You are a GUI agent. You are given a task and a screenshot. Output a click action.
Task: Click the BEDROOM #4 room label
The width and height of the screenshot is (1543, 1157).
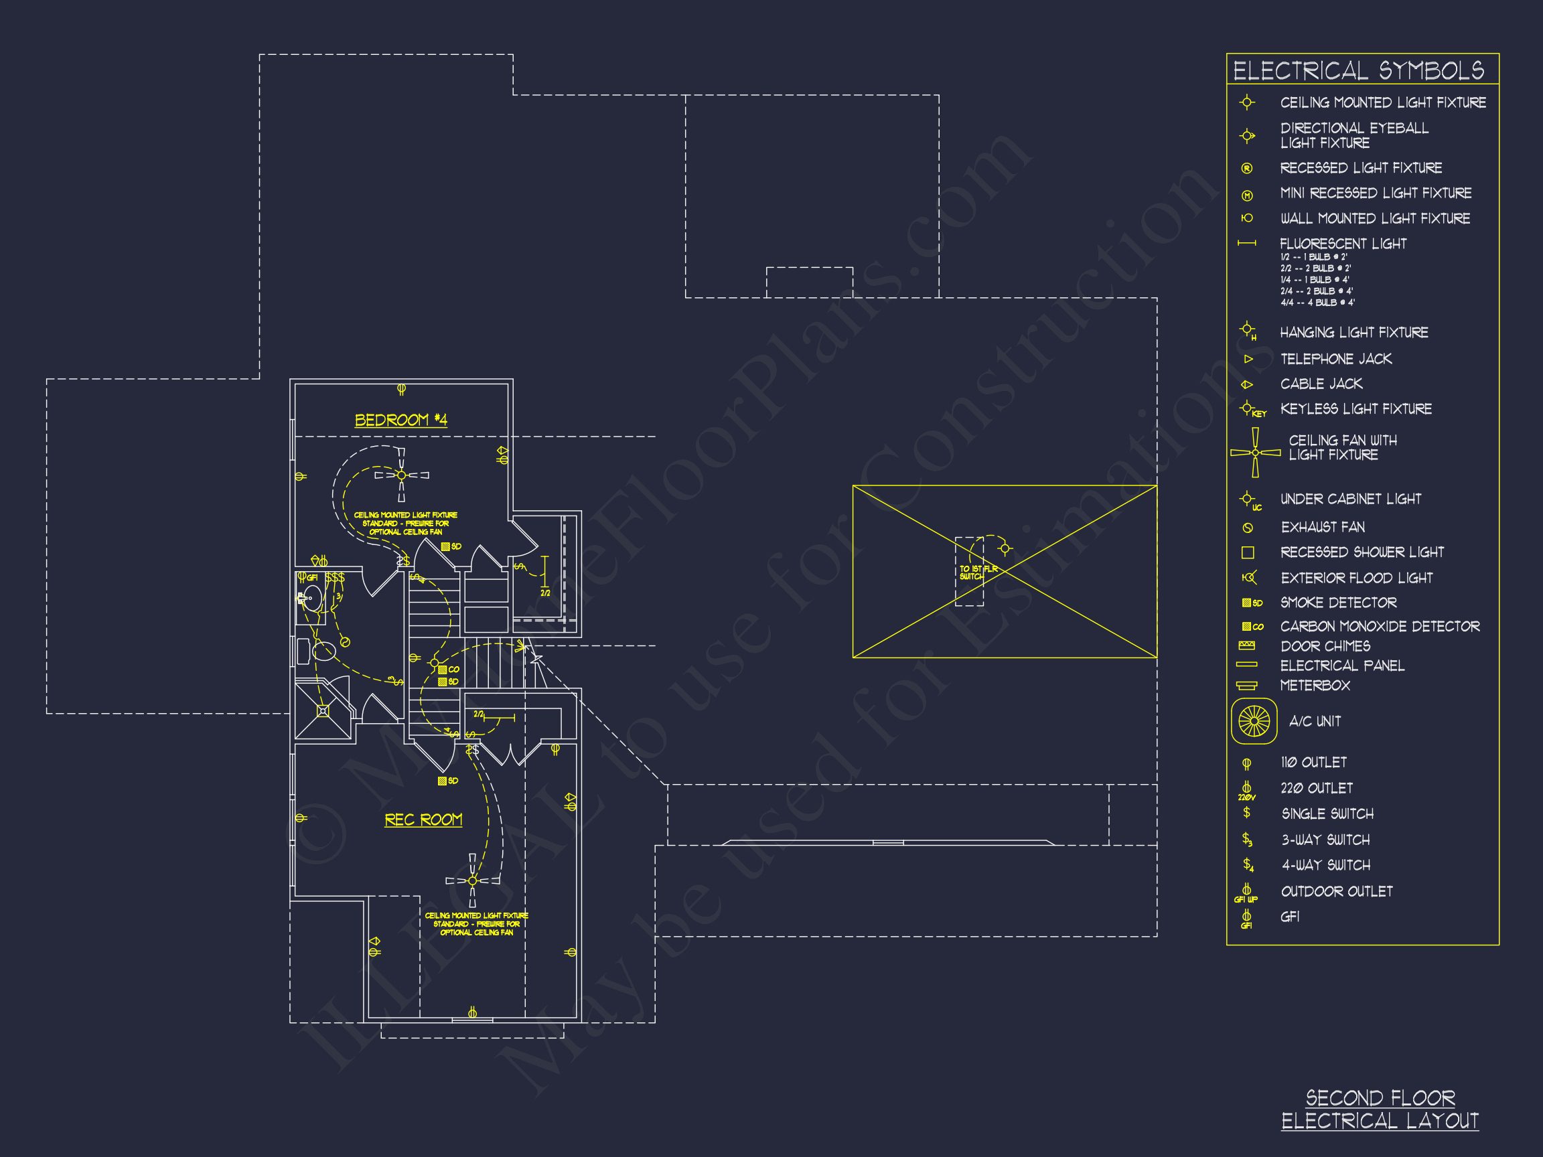point(401,420)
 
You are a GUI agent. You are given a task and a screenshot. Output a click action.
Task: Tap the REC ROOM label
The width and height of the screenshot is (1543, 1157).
point(423,820)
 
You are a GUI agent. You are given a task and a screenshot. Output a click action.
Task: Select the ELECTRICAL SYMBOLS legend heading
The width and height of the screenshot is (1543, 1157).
point(1358,70)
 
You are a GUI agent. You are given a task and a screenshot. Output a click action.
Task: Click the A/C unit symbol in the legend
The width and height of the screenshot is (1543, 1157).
point(1254,721)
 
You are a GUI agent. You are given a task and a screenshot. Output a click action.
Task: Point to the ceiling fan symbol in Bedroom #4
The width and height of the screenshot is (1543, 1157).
point(401,475)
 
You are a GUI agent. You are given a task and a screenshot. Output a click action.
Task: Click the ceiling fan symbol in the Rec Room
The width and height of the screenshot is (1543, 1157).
point(473,881)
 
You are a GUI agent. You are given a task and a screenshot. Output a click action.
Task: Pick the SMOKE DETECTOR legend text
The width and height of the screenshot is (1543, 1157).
point(1338,603)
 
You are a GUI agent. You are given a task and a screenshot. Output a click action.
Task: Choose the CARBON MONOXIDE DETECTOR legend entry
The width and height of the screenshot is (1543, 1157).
point(1379,626)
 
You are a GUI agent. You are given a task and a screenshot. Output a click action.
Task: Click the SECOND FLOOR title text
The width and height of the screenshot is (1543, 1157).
point(1380,1099)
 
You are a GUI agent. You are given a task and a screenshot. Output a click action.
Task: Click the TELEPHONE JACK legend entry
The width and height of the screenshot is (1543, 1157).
point(1335,359)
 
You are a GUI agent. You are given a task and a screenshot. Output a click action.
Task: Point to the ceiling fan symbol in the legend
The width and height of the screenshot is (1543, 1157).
point(1255,453)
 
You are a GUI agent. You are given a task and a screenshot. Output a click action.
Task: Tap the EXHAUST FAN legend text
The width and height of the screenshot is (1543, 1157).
point(1323,527)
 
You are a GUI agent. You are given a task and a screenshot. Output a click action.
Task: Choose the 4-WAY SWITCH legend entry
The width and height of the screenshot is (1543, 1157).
point(1325,865)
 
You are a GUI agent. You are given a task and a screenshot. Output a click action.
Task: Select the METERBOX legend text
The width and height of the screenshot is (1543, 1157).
point(1314,686)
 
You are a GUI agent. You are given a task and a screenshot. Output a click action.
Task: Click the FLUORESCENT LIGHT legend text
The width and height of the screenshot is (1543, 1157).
point(1343,244)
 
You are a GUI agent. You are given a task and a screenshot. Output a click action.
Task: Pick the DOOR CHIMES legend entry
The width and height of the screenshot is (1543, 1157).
point(1325,646)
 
